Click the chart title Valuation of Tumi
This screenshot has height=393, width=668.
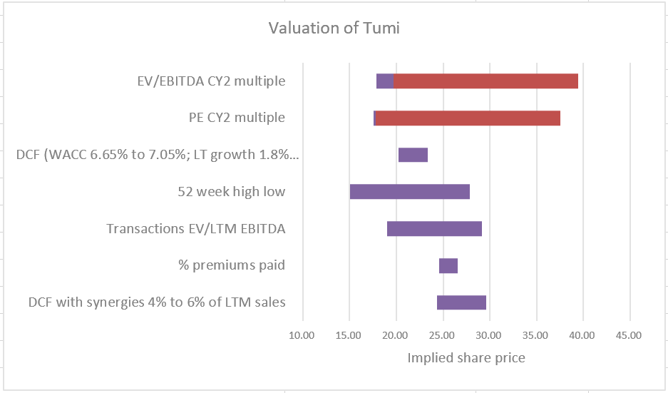click(x=334, y=29)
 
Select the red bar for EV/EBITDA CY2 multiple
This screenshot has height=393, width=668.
click(x=485, y=81)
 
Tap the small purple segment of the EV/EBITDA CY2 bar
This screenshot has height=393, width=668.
click(x=384, y=81)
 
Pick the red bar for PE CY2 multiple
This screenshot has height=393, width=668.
click(x=468, y=118)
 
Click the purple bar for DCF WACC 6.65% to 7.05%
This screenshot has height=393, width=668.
click(x=413, y=155)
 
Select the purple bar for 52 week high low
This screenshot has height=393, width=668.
click(x=410, y=192)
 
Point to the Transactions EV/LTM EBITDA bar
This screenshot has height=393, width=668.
click(x=434, y=229)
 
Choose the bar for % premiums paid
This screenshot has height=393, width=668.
click(x=448, y=266)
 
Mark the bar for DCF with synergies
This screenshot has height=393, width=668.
click(x=461, y=302)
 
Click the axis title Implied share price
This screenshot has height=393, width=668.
click(x=466, y=358)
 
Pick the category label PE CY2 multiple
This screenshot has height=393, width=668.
click(x=232, y=118)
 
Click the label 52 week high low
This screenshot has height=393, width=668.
click(x=231, y=192)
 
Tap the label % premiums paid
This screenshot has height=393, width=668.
click(x=232, y=266)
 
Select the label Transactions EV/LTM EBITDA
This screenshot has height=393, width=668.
click(x=196, y=229)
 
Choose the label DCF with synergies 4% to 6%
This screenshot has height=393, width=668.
click(x=157, y=302)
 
